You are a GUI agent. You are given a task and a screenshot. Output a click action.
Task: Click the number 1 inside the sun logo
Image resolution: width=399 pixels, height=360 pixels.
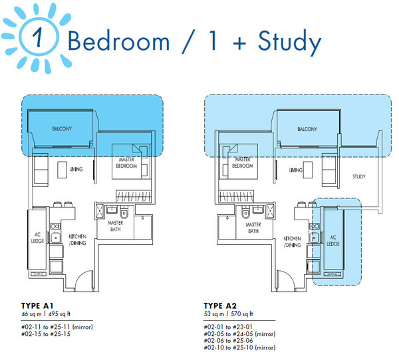[38, 37]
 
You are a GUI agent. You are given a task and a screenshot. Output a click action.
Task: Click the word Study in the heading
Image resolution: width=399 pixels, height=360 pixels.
[289, 43]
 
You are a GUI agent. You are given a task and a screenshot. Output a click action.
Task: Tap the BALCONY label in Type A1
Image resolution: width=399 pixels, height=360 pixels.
[62, 129]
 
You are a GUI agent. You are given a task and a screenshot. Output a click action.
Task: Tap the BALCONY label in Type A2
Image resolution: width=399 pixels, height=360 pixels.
[307, 129]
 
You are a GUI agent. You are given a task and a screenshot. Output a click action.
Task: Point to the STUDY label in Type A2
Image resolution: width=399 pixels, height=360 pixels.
[359, 177]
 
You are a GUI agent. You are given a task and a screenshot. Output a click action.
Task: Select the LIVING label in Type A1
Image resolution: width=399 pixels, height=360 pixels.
[76, 169]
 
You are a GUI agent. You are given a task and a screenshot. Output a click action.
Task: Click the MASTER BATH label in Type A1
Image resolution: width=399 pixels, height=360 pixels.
[116, 226]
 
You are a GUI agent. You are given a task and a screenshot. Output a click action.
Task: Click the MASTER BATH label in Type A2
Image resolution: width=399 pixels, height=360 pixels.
[253, 228]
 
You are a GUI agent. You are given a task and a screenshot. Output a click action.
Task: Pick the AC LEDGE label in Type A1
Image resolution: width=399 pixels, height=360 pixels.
[37, 238]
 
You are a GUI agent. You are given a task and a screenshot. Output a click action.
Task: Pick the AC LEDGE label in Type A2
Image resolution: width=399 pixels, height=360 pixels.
[333, 241]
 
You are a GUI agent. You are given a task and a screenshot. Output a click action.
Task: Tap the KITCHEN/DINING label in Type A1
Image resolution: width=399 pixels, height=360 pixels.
[78, 240]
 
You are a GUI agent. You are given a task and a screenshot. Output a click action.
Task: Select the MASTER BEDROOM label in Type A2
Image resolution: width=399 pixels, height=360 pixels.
[243, 162]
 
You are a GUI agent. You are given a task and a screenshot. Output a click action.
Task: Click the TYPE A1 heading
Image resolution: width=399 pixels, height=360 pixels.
[37, 305]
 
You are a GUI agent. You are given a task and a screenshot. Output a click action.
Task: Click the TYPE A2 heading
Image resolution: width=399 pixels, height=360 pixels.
[220, 305]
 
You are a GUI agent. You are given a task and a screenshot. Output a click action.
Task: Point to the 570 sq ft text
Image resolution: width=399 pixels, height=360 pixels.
[242, 314]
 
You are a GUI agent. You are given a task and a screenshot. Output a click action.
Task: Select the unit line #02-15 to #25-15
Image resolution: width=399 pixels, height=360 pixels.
[46, 334]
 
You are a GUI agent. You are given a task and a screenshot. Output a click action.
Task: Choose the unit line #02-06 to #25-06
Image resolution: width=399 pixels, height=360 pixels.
[229, 341]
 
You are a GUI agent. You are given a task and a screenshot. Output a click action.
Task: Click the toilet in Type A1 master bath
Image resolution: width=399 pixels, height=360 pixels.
[124, 214]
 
